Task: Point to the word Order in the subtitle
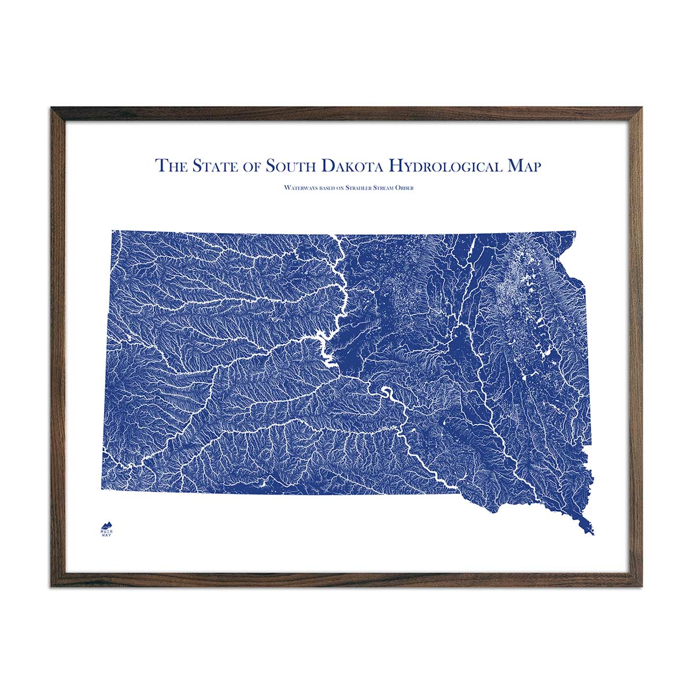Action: tap(404, 188)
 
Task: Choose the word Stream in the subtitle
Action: tap(383, 188)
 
